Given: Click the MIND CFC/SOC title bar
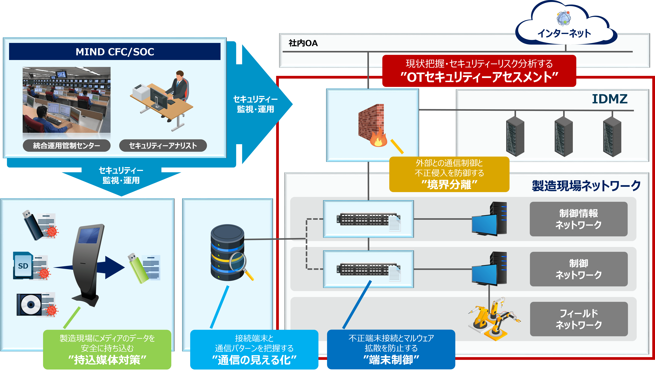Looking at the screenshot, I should [x=115, y=52].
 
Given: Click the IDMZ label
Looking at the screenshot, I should [x=609, y=99].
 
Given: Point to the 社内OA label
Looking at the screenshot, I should [x=303, y=43].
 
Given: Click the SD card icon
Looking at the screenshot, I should [x=23, y=265].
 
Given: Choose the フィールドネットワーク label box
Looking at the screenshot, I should [x=578, y=319].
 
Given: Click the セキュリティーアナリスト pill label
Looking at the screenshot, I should [x=163, y=146].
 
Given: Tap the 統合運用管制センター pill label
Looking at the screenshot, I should [x=67, y=146].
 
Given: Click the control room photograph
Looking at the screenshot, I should [x=67, y=100].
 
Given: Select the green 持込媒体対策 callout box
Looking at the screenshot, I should [x=107, y=349].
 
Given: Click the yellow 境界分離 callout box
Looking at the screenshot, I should [x=449, y=174].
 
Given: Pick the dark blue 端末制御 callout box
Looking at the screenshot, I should [x=391, y=349].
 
